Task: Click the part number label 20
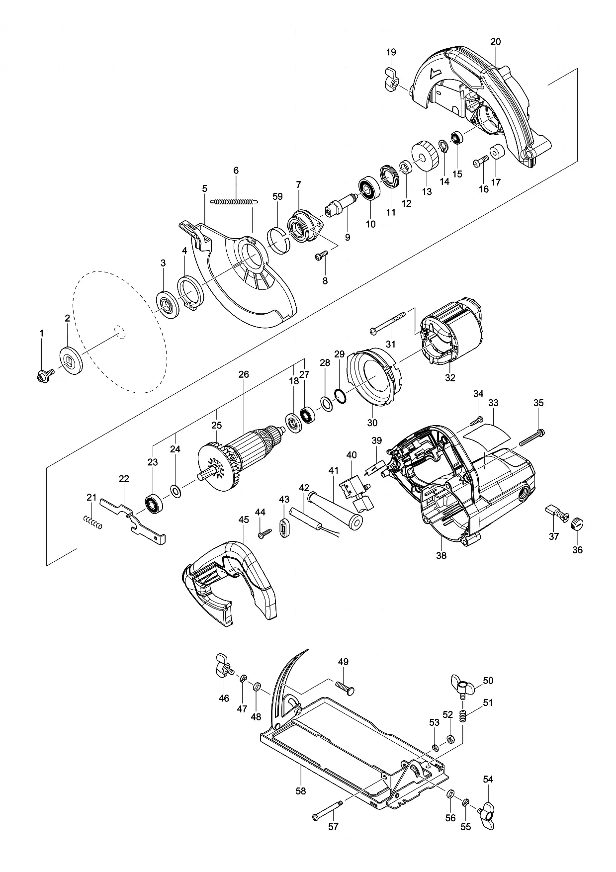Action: pos(495,42)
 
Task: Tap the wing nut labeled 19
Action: pos(392,80)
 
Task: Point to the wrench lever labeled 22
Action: pos(133,521)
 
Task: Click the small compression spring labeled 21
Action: pos(92,523)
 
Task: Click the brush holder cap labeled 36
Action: pos(577,524)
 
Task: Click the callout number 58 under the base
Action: pos(300,790)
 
